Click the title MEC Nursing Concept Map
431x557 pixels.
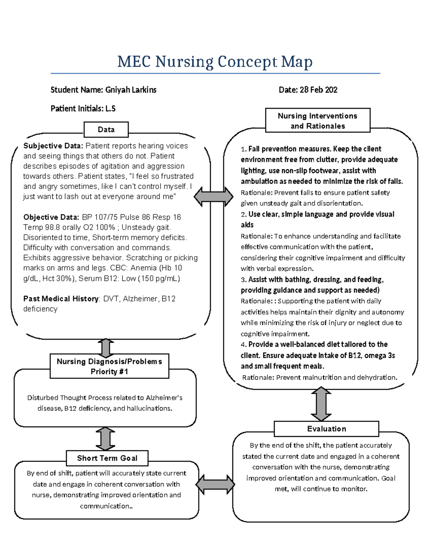(215, 62)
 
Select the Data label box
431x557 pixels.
(106, 129)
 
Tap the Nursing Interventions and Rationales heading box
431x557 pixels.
(318, 121)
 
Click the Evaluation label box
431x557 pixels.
(326, 429)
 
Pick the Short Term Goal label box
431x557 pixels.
(107, 458)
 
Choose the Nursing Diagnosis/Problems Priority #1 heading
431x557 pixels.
(109, 366)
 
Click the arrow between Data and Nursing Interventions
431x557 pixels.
(214, 197)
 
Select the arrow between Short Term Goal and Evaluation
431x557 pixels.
(215, 485)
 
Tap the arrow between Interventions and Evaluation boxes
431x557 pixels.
(321, 404)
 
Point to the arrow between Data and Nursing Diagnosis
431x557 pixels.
(106, 347)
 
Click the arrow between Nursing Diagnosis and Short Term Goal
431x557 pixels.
(106, 439)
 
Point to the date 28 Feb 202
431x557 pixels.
(318, 90)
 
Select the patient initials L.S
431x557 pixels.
(110, 108)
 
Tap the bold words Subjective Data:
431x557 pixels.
(53, 146)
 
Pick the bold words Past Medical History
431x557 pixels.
(61, 298)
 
